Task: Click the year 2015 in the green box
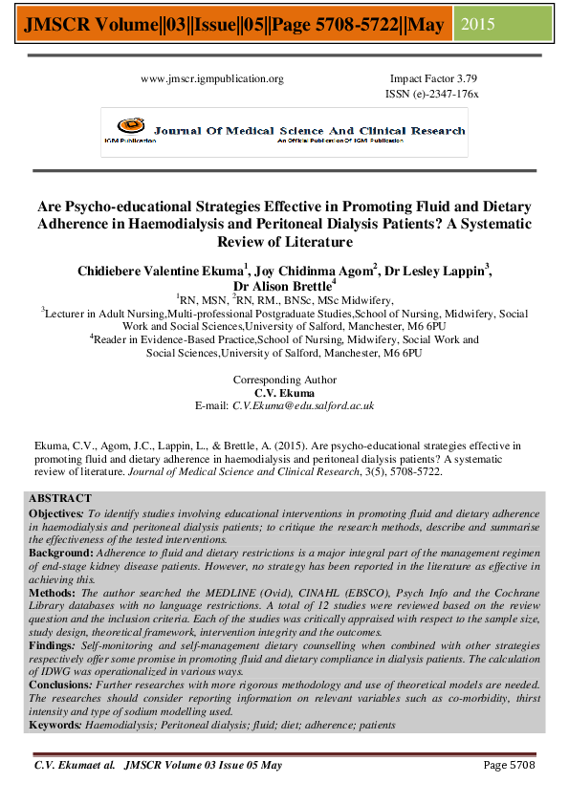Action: tap(478, 24)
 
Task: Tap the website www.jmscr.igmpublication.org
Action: tap(212, 79)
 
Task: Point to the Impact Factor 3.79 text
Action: tap(433, 79)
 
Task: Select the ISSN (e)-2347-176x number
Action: tap(432, 95)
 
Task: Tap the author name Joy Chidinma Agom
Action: tap(305, 271)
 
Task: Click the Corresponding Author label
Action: tap(285, 380)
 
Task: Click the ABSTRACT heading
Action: tap(60, 499)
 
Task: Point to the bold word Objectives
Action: tap(55, 513)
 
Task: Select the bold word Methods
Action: tap(50, 593)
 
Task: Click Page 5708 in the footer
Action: tap(508, 765)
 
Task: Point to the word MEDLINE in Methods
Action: tap(257, 593)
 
